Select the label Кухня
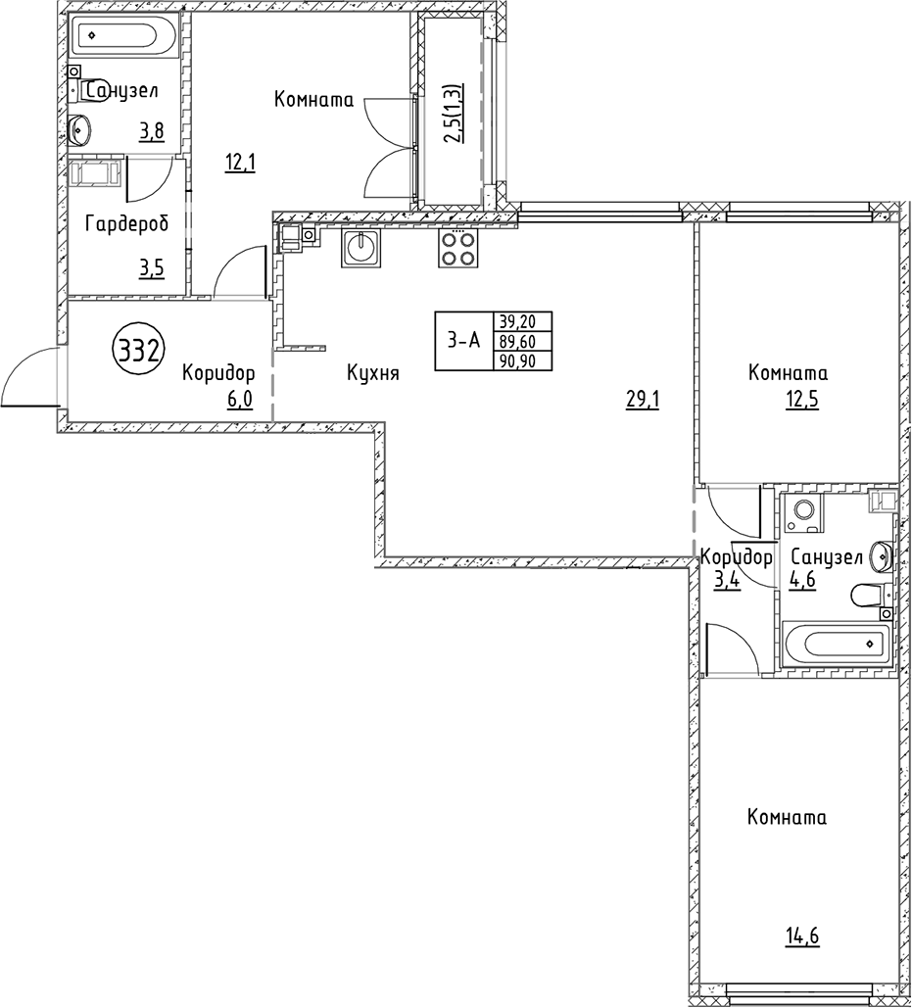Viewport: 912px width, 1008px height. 372,373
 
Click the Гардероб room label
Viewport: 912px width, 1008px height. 126,224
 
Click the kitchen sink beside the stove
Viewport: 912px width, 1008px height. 360,248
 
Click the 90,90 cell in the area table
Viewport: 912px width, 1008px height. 525,360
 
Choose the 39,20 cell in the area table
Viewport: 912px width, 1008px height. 525,321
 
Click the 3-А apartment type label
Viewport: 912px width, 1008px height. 463,341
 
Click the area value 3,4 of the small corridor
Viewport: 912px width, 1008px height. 727,580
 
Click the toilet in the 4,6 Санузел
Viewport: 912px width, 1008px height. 870,595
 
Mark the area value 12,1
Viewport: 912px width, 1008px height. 240,164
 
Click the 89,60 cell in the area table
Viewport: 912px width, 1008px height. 525,341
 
